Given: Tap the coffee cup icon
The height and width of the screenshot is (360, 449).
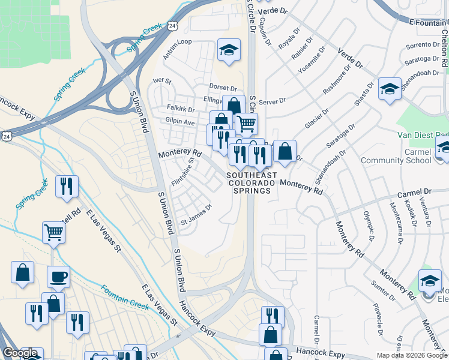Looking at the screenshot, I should pyautogui.click(x=58, y=277).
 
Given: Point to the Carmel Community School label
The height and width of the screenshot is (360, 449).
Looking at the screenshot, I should pyautogui.click(x=396, y=156).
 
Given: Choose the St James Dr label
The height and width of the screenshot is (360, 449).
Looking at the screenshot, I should pyautogui.click(x=197, y=214).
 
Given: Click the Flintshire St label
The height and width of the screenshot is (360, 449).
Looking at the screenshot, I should pyautogui.click(x=181, y=172).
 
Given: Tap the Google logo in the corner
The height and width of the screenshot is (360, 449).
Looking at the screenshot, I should pyautogui.click(x=20, y=353).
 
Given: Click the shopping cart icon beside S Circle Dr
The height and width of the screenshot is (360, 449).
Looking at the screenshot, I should pyautogui.click(x=246, y=124).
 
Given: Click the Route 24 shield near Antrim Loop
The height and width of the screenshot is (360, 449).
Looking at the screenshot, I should pyautogui.click(x=173, y=26).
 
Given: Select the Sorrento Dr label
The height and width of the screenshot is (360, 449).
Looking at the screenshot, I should pyautogui.click(x=423, y=46).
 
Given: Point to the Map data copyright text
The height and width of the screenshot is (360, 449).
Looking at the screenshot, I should pyautogui.click(x=412, y=355).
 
